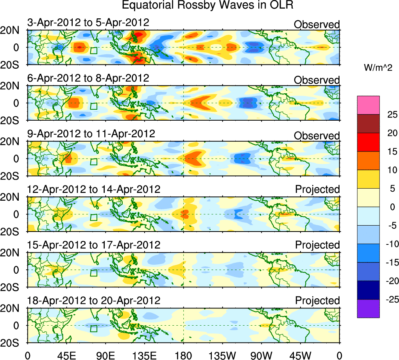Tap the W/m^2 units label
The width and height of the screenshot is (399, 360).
(378, 68)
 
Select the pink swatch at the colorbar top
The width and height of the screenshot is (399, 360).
(368, 105)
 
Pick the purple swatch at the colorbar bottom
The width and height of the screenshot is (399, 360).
(368, 308)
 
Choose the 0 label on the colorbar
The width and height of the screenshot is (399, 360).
(391, 207)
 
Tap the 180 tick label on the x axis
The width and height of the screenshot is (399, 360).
(183, 355)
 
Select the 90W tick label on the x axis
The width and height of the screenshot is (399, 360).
(261, 355)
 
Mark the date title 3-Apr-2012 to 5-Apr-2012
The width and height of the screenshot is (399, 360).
(88, 22)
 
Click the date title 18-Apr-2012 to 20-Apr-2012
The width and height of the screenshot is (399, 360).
(94, 301)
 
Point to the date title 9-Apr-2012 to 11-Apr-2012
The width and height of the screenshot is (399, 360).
(91, 134)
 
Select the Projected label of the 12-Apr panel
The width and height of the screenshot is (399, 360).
(317, 189)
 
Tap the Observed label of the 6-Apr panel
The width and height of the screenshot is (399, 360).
(317, 80)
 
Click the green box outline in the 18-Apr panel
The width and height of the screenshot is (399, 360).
(93, 328)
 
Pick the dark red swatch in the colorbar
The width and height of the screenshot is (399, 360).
(368, 124)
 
